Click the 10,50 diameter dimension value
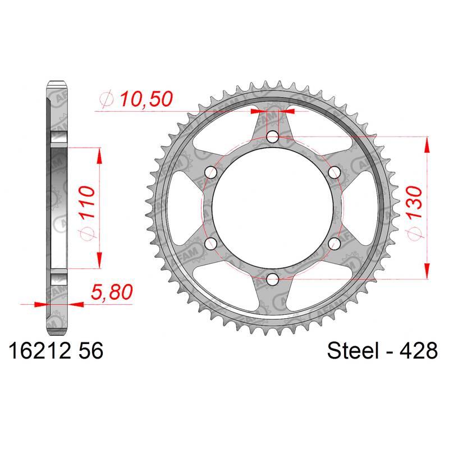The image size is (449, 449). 146,99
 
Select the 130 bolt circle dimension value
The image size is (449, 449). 414,202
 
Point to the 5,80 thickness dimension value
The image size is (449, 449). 112,292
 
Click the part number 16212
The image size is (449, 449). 40,351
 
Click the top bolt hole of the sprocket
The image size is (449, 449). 273,137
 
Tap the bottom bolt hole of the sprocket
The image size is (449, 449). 273,279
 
